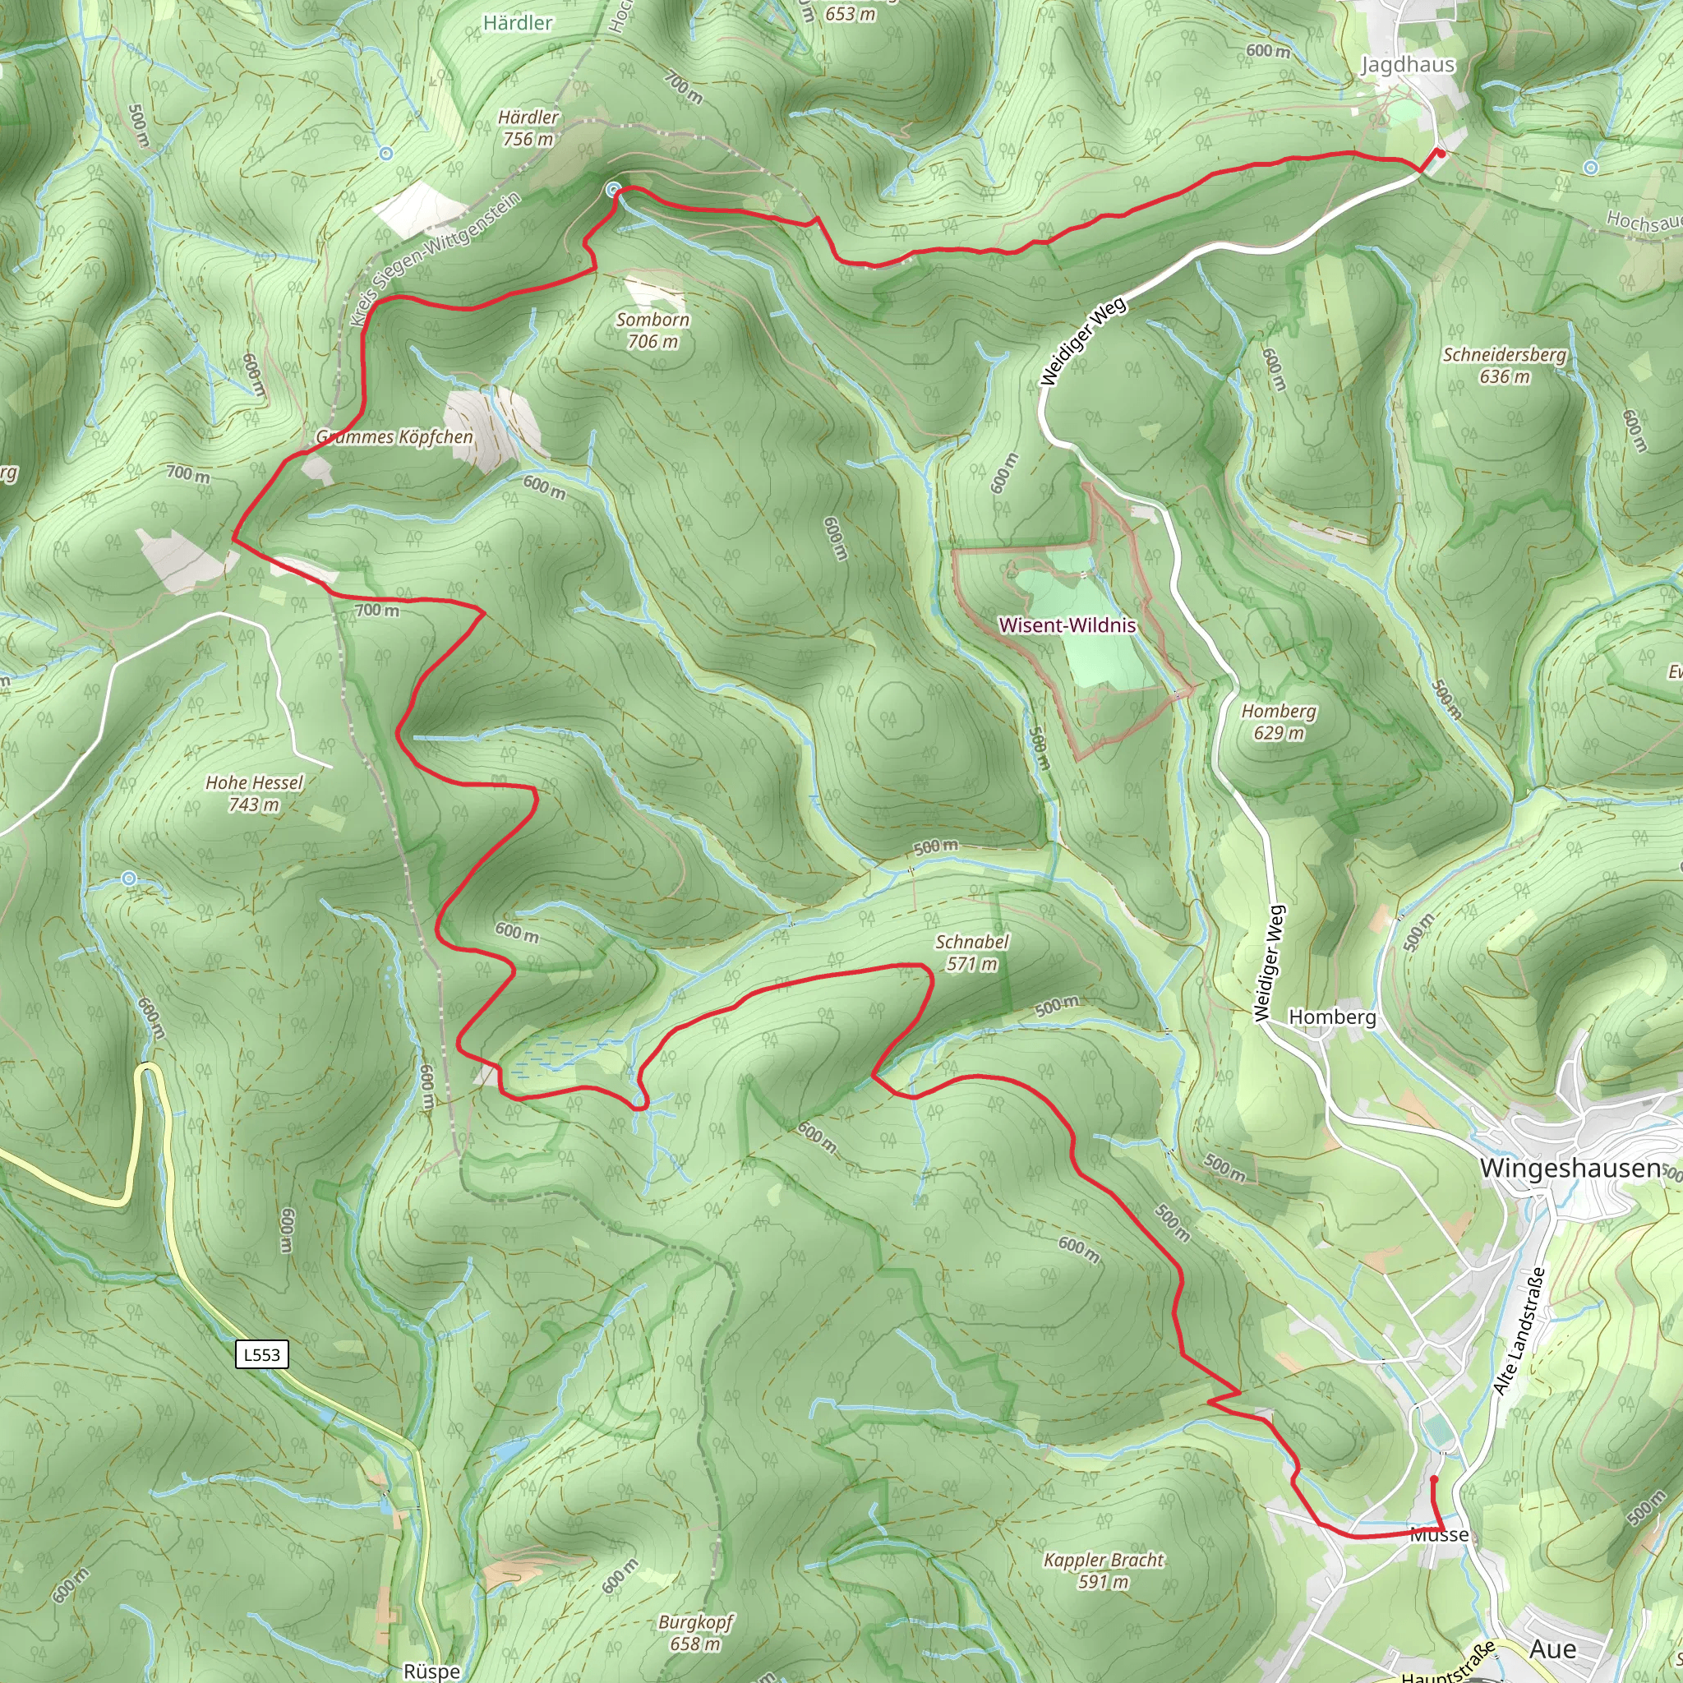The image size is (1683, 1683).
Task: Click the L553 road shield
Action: [x=261, y=1354]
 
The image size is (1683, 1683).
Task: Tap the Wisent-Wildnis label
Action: [x=1067, y=625]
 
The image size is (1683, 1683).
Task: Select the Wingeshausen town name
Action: [x=1570, y=1169]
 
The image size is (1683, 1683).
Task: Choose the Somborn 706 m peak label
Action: [x=652, y=330]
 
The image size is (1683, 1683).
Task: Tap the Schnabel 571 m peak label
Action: [x=971, y=952]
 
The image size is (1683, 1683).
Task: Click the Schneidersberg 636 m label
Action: [x=1505, y=366]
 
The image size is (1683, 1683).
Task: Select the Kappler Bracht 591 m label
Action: [x=1104, y=1570]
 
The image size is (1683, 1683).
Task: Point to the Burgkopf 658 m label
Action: [x=695, y=1633]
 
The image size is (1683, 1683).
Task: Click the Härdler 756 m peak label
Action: [x=528, y=128]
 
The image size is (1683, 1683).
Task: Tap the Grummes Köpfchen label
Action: [x=394, y=437]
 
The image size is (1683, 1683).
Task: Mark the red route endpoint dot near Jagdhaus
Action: [x=1441, y=154]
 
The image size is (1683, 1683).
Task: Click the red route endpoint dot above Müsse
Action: [x=1434, y=1478]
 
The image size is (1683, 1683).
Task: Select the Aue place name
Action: [x=1552, y=1649]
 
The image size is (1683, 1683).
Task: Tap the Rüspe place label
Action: [x=431, y=1671]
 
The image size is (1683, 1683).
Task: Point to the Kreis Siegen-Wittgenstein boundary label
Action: [x=435, y=260]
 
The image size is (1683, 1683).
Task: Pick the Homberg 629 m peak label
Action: [x=1278, y=722]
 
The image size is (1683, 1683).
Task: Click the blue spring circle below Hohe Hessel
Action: [x=129, y=879]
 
